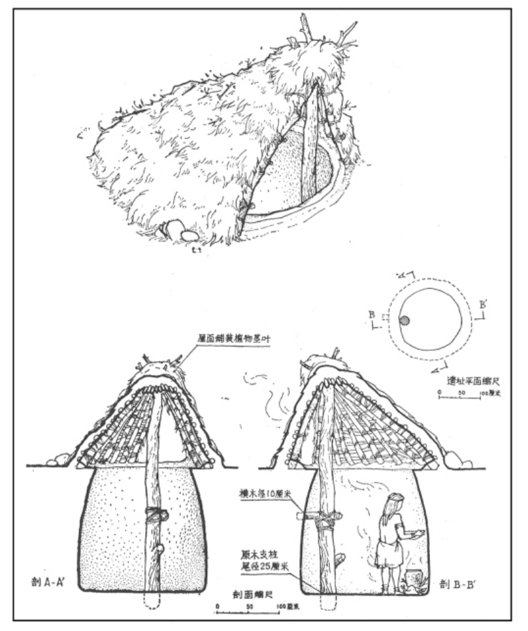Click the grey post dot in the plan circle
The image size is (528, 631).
[x=404, y=320]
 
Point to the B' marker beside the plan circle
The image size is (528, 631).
[x=483, y=305]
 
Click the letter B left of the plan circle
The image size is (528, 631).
[x=372, y=315]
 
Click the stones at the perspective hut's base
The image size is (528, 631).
[x=174, y=231]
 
